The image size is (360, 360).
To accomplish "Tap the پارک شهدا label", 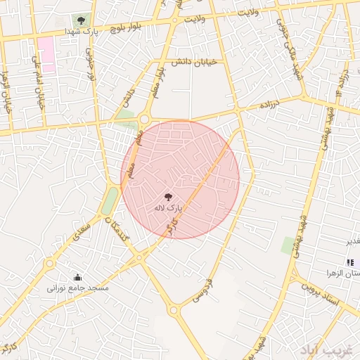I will [x=79, y=32].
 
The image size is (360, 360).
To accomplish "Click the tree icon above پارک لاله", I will [x=168, y=198].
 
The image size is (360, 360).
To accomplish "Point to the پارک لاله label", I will [x=168, y=209].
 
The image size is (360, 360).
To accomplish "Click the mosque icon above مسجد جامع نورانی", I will [x=77, y=277].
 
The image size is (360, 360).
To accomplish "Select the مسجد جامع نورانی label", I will [x=77, y=288].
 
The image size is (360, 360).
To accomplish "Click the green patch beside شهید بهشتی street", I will [x=288, y=245].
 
